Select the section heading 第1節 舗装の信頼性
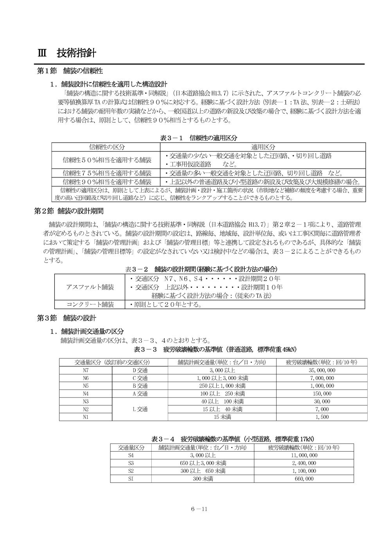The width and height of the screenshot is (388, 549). coord(70,71)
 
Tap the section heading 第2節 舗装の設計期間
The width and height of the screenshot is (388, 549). coord(69,211)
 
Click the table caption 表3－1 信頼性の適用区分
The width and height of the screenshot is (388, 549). coord(198,138)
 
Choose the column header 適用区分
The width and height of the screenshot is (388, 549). coord(263,147)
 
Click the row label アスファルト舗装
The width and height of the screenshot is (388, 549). coord(90,287)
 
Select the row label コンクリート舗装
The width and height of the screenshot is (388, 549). coord(90,304)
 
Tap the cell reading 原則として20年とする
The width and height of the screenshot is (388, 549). coord(165,304)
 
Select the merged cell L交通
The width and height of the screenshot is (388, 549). coord(140,409)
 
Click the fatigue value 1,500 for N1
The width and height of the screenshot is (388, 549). coord(322,417)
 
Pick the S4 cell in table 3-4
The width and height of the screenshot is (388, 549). coord(131,455)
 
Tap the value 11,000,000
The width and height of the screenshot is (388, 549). coord(304,455)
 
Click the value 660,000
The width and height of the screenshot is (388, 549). coord(304,479)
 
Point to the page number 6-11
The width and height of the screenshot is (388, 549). coord(199,509)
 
